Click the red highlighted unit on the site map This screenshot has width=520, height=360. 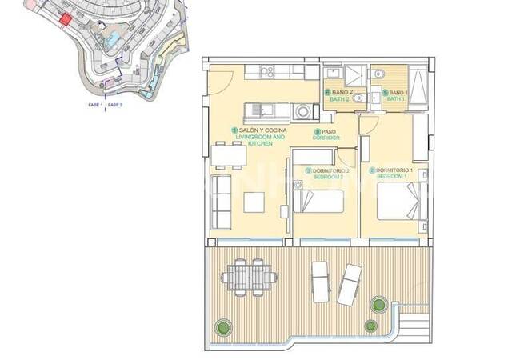66,18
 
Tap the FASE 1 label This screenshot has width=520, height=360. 95,105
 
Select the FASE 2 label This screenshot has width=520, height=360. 115,105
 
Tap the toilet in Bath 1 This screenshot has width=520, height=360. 382,75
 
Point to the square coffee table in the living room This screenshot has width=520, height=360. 254,202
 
